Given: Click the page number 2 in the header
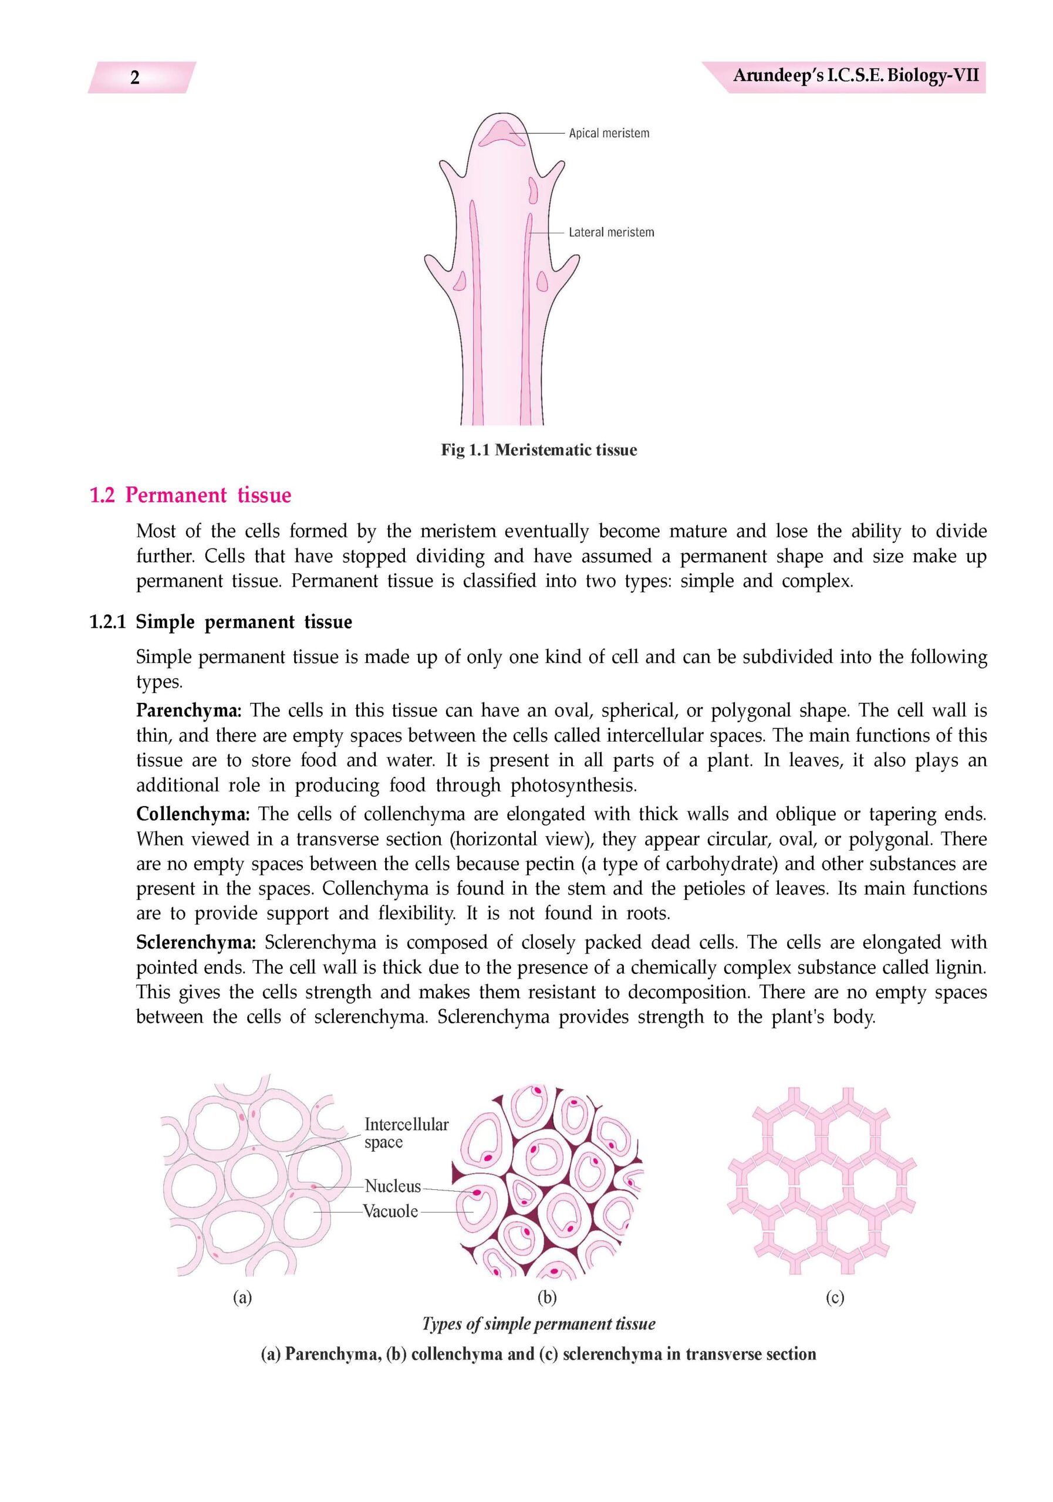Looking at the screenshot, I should [135, 78].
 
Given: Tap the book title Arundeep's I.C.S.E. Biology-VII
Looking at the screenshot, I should [855, 76].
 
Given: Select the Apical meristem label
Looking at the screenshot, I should [609, 133].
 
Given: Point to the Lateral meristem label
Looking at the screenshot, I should [610, 232].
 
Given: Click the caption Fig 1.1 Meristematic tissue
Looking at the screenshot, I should [538, 450].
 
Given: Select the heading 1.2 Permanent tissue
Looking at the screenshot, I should [190, 495].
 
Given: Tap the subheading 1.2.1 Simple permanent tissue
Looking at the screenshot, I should [221, 622].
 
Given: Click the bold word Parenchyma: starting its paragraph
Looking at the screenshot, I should [188, 711].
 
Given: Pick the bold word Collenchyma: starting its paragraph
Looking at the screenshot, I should [193, 814].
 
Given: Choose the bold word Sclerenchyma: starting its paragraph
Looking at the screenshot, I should [195, 943].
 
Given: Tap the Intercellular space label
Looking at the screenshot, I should [406, 1133].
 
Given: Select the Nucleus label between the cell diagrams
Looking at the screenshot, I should [393, 1186].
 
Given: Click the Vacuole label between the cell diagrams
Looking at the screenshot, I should [390, 1212].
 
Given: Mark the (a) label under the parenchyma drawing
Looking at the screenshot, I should [242, 1297].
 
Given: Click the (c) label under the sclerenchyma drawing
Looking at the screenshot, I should [835, 1297].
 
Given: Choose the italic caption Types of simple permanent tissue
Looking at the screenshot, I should [538, 1325].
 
